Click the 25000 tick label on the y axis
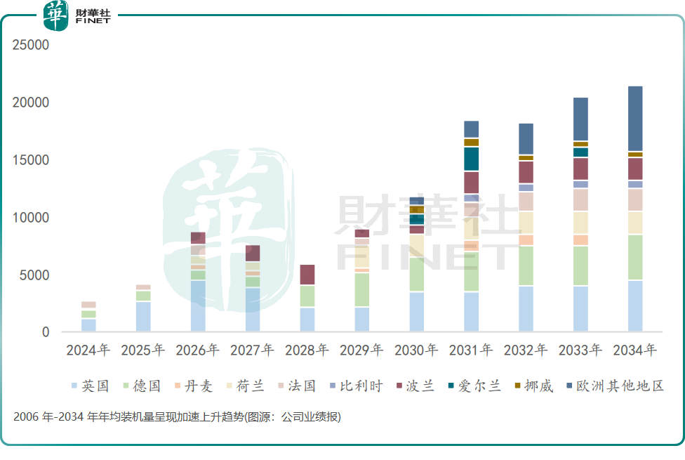(x=31, y=46)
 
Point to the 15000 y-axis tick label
(x=31, y=160)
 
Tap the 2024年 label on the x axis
(x=88, y=350)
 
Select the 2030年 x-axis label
(x=416, y=350)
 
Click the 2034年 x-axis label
(x=635, y=350)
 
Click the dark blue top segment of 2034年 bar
(x=635, y=119)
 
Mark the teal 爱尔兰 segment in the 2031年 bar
(x=471, y=159)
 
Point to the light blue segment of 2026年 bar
(x=198, y=306)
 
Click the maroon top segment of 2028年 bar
(x=307, y=275)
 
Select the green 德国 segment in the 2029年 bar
(x=362, y=290)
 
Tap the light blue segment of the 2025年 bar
(x=143, y=316)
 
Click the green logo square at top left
(x=56, y=16)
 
